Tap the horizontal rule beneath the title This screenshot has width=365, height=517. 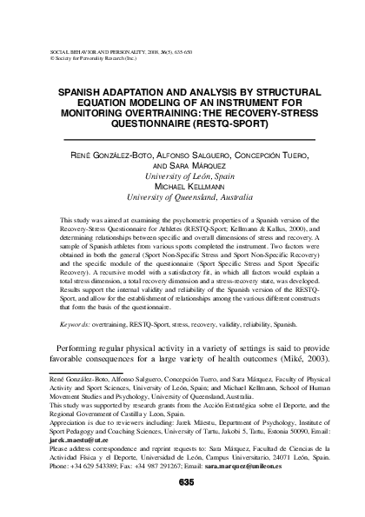click(x=183, y=139)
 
